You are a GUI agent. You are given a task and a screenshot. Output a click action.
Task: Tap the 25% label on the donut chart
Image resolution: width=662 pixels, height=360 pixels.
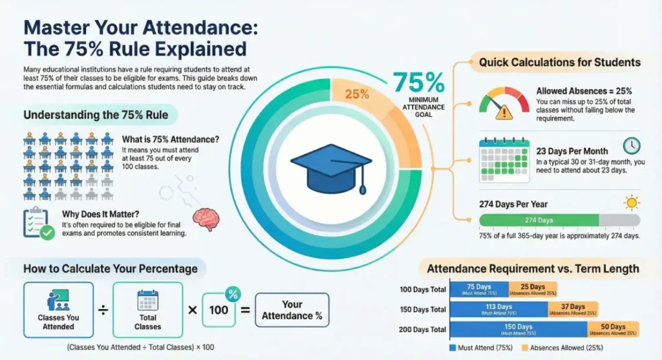point(356,94)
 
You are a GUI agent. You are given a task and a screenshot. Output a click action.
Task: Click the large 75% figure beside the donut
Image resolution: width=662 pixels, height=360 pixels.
point(418,82)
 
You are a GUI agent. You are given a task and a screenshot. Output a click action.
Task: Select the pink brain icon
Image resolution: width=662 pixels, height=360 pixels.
point(206,220)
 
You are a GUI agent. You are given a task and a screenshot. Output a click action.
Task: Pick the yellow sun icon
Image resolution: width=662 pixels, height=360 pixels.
point(631,202)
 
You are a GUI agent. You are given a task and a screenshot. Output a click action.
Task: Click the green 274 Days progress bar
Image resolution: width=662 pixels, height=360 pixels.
point(539,220)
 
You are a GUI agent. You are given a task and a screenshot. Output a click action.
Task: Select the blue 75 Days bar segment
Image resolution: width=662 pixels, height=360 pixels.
point(478,290)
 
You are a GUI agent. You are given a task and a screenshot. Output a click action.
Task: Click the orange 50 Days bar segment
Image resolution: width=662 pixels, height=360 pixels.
point(613,330)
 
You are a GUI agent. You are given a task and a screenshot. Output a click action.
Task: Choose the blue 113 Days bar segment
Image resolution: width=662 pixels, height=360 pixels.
point(496,310)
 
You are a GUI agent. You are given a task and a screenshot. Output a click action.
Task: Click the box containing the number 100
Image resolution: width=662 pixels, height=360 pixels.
point(219,310)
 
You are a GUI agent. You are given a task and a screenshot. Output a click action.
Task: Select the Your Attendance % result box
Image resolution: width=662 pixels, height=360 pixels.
point(292,310)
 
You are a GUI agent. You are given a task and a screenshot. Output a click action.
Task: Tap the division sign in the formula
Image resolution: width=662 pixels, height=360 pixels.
point(103,310)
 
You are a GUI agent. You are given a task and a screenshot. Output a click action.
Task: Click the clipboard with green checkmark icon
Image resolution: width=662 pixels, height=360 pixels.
point(38,224)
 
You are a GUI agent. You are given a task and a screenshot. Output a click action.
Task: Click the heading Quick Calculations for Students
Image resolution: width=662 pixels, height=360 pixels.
point(559,63)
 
